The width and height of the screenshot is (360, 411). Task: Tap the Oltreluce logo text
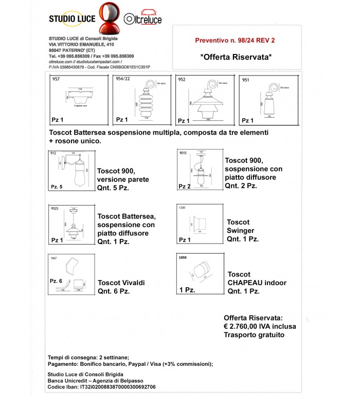point(143,20)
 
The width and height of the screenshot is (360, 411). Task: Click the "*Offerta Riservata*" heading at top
point(235,57)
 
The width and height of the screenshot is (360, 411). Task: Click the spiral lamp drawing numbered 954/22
point(139,100)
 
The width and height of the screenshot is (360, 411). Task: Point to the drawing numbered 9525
point(71,226)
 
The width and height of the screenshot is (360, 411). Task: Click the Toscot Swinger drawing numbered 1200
point(200,224)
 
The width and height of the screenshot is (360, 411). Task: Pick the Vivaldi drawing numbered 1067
point(71,274)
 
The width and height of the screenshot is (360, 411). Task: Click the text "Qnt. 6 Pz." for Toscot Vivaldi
point(114,291)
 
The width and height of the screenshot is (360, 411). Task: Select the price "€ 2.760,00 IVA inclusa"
point(260,326)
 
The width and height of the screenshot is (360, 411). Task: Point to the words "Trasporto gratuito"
point(254,334)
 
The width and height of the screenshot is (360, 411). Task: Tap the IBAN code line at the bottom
point(101,387)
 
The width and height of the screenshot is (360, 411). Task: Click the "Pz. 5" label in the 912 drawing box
point(57,186)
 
